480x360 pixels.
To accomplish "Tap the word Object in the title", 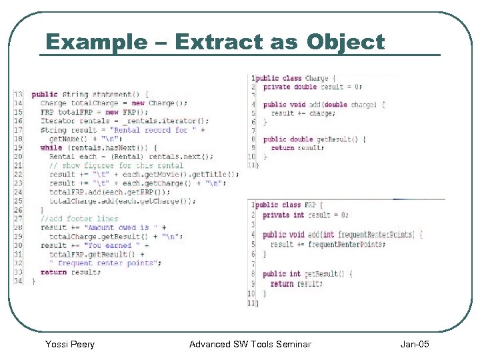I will coord(345,42).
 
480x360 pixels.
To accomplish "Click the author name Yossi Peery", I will coord(69,344).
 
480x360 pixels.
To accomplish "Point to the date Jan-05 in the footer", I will coord(415,344).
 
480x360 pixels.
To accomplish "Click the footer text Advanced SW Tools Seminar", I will coord(250,344).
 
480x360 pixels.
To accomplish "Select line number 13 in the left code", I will coord(18,94).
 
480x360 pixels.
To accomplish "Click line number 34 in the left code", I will coord(18,281).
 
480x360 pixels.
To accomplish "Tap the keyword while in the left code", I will coord(51,147).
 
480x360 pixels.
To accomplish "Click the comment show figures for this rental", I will coord(117,165).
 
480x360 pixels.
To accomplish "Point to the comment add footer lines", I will coord(79,219).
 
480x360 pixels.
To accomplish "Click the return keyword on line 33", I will coord(53,272).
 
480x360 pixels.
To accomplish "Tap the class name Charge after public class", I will coord(316,78).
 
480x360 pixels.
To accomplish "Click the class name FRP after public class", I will coord(310,205).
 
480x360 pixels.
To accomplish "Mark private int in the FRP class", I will coord(283,215).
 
